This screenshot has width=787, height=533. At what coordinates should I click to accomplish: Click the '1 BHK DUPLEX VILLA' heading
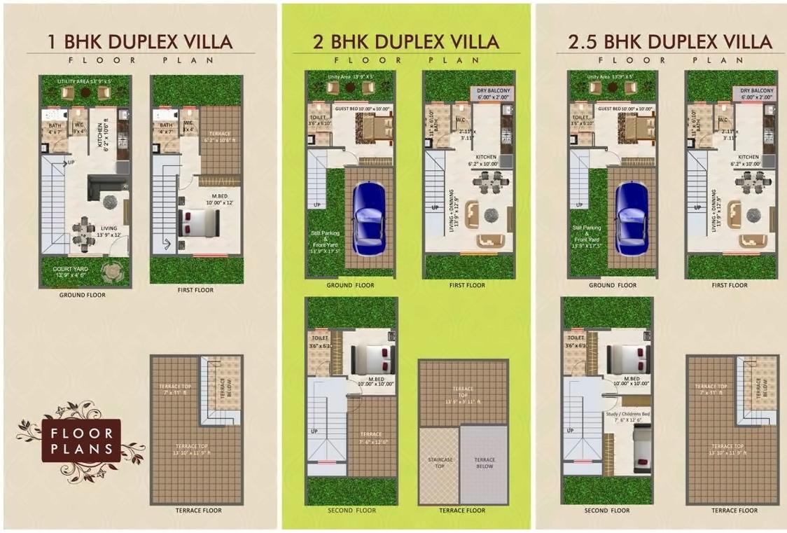tap(139, 42)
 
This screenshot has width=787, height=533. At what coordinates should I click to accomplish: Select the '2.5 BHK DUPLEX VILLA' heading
tap(664, 42)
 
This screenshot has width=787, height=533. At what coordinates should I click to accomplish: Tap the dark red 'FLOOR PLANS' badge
tap(81, 440)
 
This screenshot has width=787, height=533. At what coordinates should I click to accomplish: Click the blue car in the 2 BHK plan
tap(368, 219)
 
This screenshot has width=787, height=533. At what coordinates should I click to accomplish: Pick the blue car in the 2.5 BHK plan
tap(631, 219)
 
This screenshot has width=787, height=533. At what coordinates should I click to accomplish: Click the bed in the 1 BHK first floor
tap(200, 223)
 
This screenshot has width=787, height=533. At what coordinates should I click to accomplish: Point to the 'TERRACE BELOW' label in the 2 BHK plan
tap(484, 462)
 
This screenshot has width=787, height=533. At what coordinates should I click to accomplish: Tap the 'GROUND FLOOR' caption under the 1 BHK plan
tap(82, 295)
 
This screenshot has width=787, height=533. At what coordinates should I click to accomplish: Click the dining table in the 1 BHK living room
tap(83, 234)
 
